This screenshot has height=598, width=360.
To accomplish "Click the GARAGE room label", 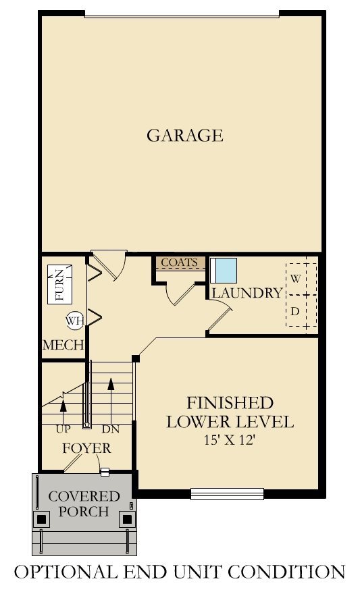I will pos(184,135).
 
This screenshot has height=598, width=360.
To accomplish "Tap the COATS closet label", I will pos(179,263).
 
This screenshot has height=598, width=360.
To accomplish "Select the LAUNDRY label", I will pos(247,293).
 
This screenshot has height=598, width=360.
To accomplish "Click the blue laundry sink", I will pos(224,271).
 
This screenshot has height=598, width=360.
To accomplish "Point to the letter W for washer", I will pos(295,277).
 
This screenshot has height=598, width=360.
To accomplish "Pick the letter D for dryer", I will pos(295,311).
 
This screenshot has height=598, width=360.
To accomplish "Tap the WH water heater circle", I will pos(74,321).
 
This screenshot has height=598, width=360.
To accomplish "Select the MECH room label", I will pos(63,345).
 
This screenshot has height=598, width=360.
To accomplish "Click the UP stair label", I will pos(63,429).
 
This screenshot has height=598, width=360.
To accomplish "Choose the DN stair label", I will pos(110,429).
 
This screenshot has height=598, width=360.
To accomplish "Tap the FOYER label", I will pos(86,448).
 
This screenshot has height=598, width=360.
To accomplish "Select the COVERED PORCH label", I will pos(84,504).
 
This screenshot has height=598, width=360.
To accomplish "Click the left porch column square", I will pos(43,519).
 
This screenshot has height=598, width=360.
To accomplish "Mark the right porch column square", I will pos(126,519).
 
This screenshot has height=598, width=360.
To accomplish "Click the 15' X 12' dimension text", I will pos(230,440).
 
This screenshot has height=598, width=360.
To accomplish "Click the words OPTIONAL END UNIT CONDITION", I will pos(180,572).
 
